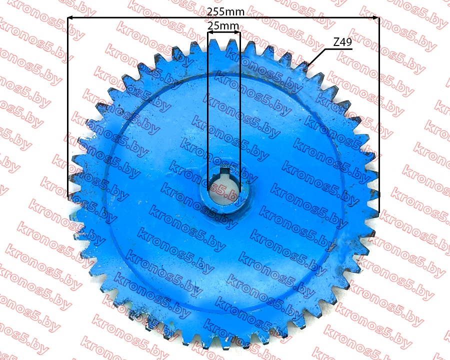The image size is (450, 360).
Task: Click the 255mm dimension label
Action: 225,12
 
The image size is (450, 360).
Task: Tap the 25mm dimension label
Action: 223,26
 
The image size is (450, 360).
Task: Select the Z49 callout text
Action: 342,42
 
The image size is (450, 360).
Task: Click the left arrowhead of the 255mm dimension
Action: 71,18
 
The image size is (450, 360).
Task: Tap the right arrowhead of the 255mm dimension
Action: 375,18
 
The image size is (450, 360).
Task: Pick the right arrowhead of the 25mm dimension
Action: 237,32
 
